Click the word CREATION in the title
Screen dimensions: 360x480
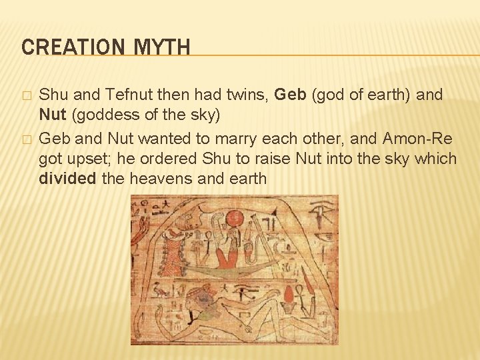click(x=64, y=47)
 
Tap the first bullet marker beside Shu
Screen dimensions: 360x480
click(x=26, y=96)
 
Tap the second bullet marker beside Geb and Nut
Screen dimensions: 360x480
click(x=26, y=139)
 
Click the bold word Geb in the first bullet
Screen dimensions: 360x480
click(x=290, y=95)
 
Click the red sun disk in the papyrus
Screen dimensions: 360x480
click(x=235, y=219)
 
